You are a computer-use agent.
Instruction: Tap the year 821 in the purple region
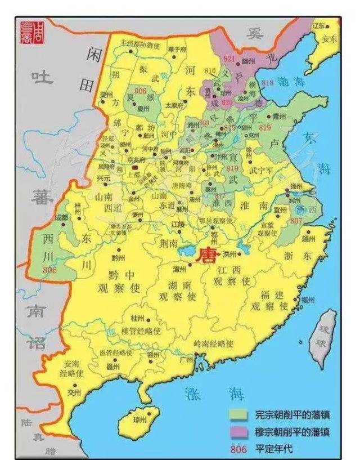click(x=229, y=58)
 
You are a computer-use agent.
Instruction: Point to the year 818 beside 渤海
click(x=267, y=83)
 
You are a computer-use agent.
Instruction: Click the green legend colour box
click(x=237, y=414)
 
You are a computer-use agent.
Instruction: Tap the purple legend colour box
click(x=237, y=431)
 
